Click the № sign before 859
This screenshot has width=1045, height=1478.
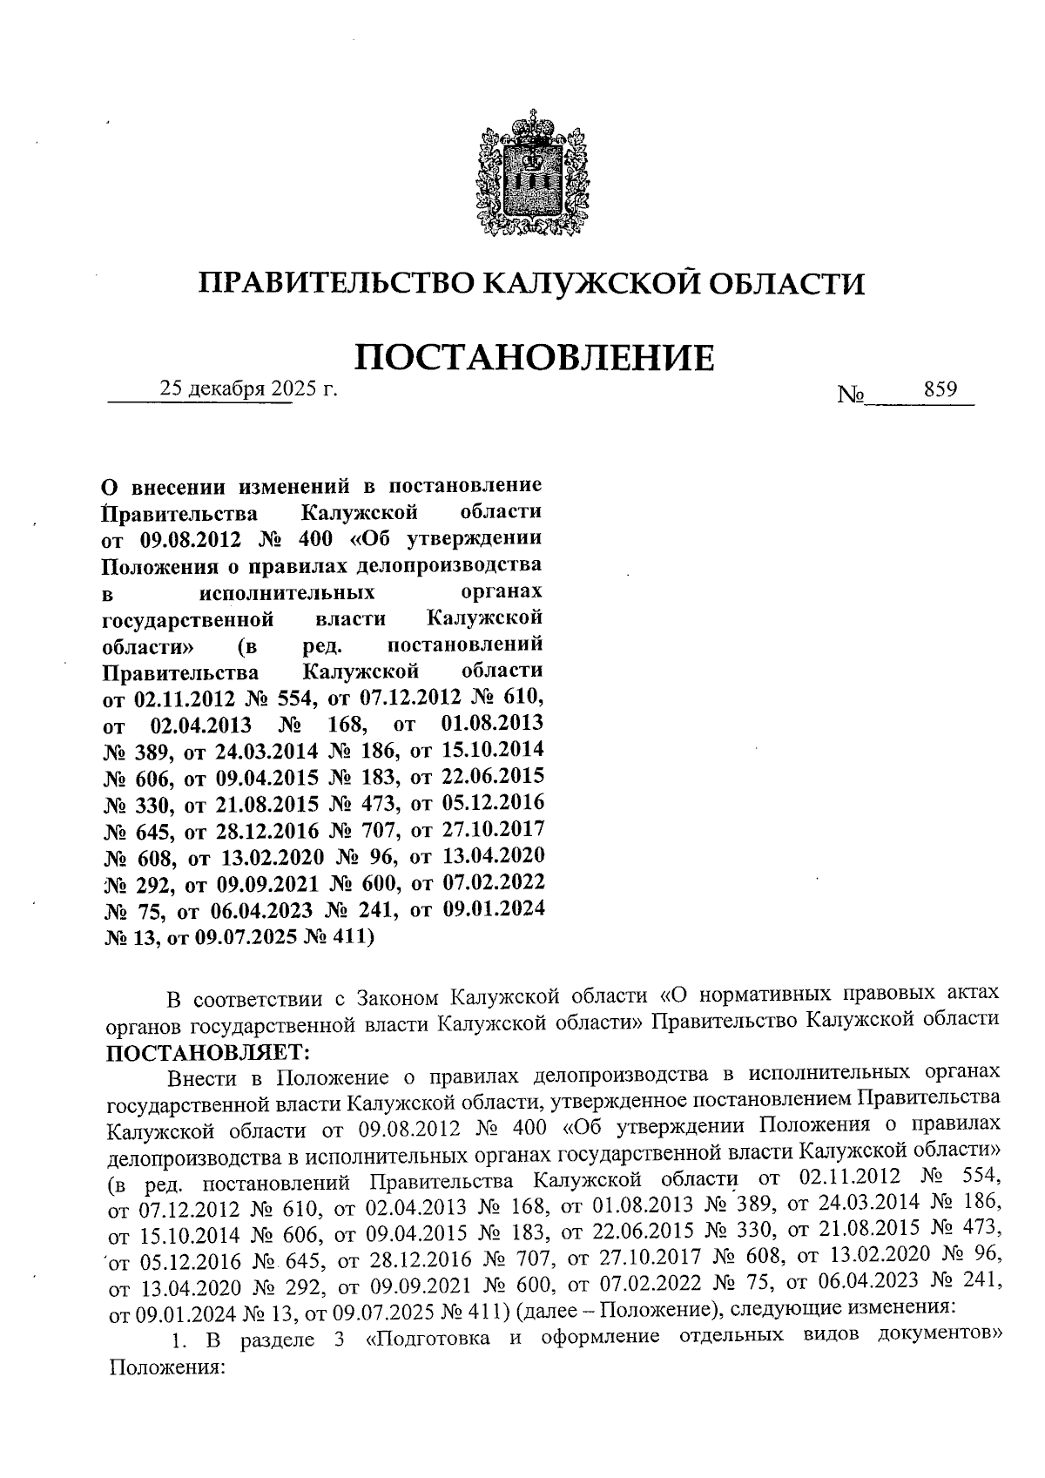click(850, 395)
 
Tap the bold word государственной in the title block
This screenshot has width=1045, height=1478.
click(188, 619)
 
